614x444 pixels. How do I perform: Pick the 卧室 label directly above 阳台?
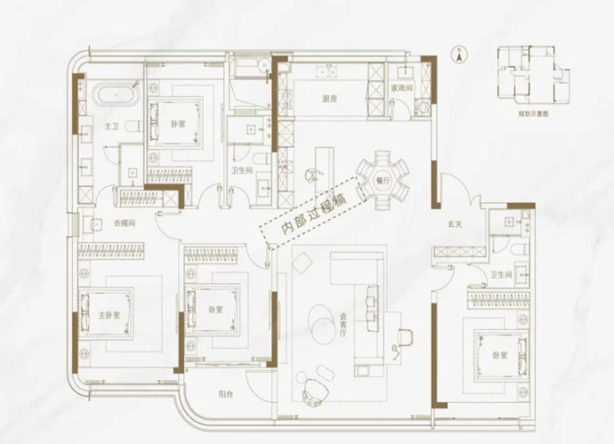[214, 309]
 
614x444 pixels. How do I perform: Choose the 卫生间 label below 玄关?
[502, 276]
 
